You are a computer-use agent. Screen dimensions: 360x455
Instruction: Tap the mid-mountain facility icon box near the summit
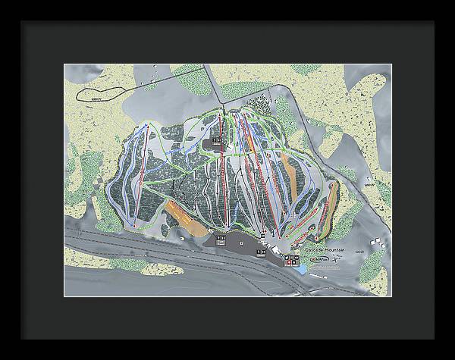pos(216,141)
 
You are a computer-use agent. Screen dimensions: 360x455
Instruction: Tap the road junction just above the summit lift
pos(221,103)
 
